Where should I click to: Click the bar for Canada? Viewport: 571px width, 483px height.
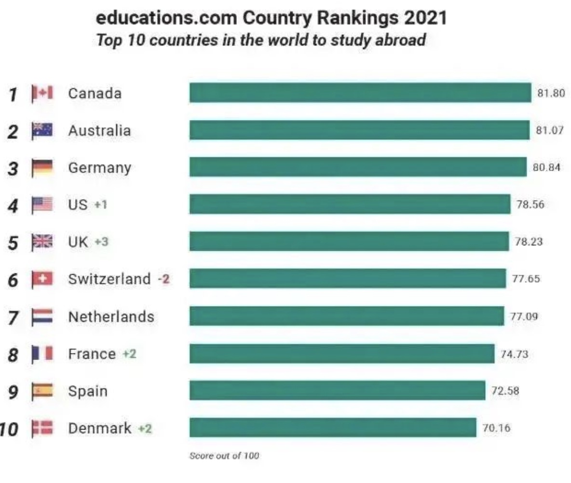[360, 93]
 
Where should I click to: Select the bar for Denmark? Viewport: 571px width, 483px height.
[333, 428]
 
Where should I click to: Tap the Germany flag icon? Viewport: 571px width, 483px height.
[42, 168]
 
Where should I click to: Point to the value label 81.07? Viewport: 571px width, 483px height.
[549, 130]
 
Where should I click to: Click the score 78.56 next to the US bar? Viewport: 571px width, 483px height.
[530, 204]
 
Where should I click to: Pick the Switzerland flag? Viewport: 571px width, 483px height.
[42, 279]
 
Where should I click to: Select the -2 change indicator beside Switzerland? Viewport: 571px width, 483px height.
[164, 279]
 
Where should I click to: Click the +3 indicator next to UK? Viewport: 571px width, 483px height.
[102, 242]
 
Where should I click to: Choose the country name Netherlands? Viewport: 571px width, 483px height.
[111, 317]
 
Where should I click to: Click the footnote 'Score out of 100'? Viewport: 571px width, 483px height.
[224, 456]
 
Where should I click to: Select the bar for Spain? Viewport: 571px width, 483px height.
[337, 390]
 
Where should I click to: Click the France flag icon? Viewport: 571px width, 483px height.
[42, 354]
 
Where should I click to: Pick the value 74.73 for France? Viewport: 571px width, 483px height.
[514, 354]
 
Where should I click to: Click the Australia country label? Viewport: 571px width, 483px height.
[99, 130]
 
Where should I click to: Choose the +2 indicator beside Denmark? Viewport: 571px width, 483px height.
[145, 428]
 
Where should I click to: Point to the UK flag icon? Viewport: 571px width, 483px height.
[42, 242]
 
